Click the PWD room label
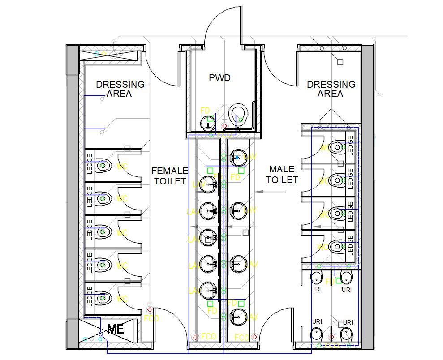coord(219,78)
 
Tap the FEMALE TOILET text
coord(169,176)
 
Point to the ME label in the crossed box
coord(116,330)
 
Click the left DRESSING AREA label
coord(120,89)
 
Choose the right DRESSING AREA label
coord(331,89)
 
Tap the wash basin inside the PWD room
coord(206,123)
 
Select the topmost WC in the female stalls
coord(104,165)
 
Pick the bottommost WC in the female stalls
coord(104,297)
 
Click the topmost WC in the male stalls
coord(336,146)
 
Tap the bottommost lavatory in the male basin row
coord(238,317)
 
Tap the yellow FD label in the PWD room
coord(205,111)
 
